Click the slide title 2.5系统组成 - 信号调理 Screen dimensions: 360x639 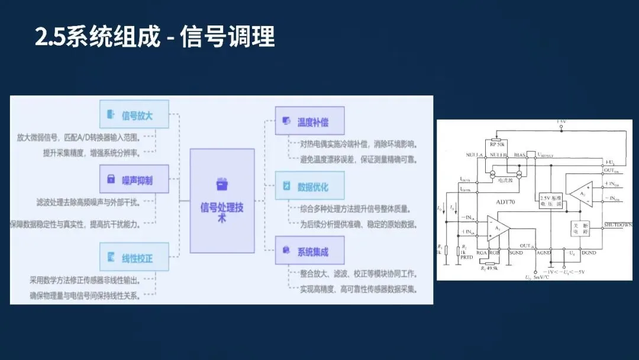pyautogui.click(x=155, y=37)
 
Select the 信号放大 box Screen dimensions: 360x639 pyautogui.click(x=134, y=115)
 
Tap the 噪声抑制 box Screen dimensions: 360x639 pyautogui.click(x=134, y=179)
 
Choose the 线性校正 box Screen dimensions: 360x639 pyautogui.click(x=134, y=258)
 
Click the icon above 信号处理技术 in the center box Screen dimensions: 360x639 pyautogui.click(x=222, y=185)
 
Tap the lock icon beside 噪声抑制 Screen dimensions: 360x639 pyautogui.click(x=110, y=179)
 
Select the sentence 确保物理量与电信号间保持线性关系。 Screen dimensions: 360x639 pyautogui.click(x=85, y=295)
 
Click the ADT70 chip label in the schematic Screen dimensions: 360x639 pyautogui.click(x=508, y=201)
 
